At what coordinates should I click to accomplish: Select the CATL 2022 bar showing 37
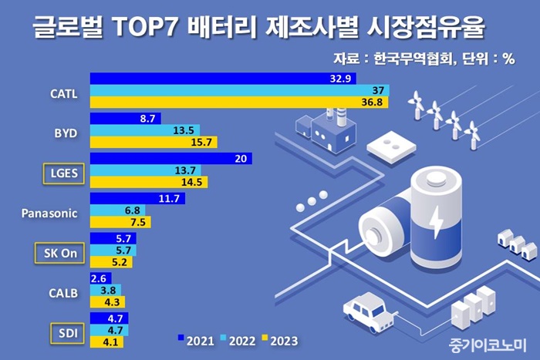point(239,91)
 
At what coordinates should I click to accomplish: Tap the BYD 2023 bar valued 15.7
point(154,143)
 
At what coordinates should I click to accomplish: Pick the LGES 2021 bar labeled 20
point(170,158)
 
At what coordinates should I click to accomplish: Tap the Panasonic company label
point(49,213)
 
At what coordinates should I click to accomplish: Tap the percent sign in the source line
point(508,59)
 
